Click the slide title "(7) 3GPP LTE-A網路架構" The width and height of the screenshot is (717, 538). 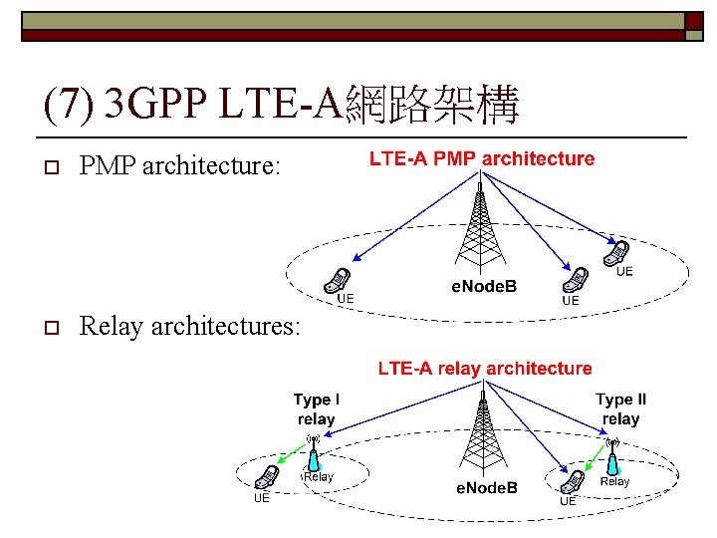click(282, 106)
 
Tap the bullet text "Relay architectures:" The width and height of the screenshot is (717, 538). click(189, 326)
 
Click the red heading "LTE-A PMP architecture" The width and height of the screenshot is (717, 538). click(482, 158)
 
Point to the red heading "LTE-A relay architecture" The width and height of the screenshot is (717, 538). click(484, 369)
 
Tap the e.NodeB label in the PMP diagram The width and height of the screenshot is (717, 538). click(486, 288)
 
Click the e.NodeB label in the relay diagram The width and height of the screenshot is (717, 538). click(487, 487)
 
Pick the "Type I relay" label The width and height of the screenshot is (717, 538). click(316, 409)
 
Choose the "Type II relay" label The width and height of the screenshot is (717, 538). click(620, 409)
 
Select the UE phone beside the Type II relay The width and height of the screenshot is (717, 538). click(571, 481)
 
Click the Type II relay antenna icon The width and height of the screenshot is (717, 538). click(614, 454)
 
